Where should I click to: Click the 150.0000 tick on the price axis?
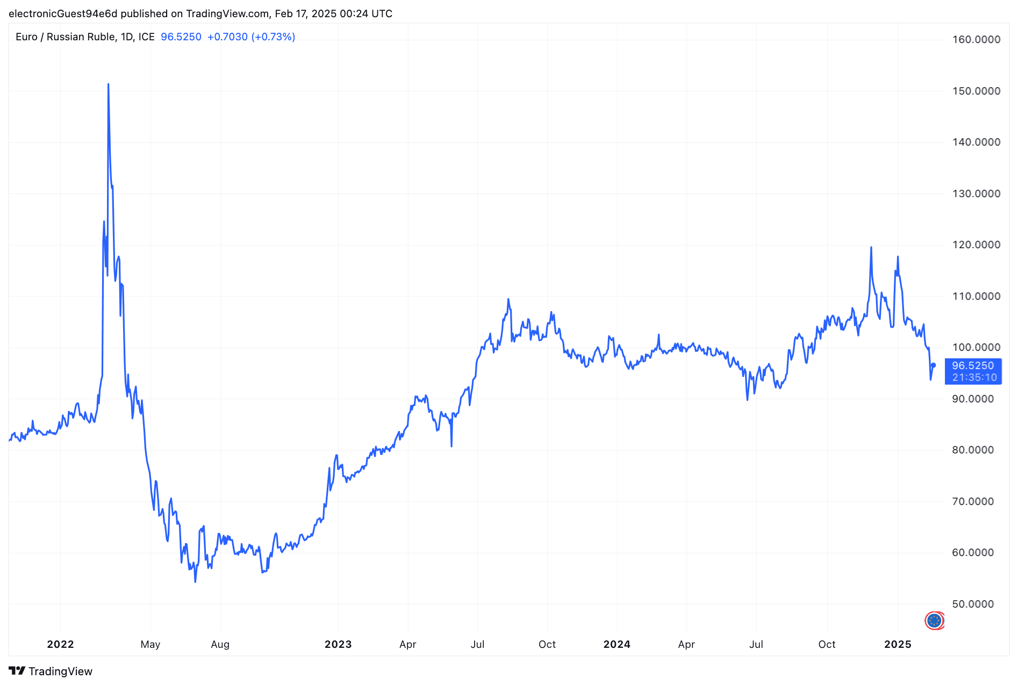pos(976,91)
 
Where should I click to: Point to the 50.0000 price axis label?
pos(973,604)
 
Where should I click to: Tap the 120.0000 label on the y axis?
pos(976,244)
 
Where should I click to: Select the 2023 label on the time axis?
pos(338,644)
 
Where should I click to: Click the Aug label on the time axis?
pos(220,644)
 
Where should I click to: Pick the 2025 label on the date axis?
pos(898,644)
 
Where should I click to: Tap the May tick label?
pos(150,644)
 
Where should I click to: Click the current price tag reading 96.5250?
pos(973,365)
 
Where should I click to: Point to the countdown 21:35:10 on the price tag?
pos(974,378)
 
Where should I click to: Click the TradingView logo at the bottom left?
pos(51,671)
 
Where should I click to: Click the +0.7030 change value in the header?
pos(227,37)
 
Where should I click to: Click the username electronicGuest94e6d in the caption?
pos(63,13)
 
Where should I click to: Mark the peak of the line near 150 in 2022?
pos(108,84)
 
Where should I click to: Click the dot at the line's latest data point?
pos(934,365)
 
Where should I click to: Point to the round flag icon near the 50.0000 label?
pos(935,620)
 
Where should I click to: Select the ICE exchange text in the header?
pos(146,37)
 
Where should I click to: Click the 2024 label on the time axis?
pos(616,644)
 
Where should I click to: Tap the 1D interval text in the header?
pos(126,37)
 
